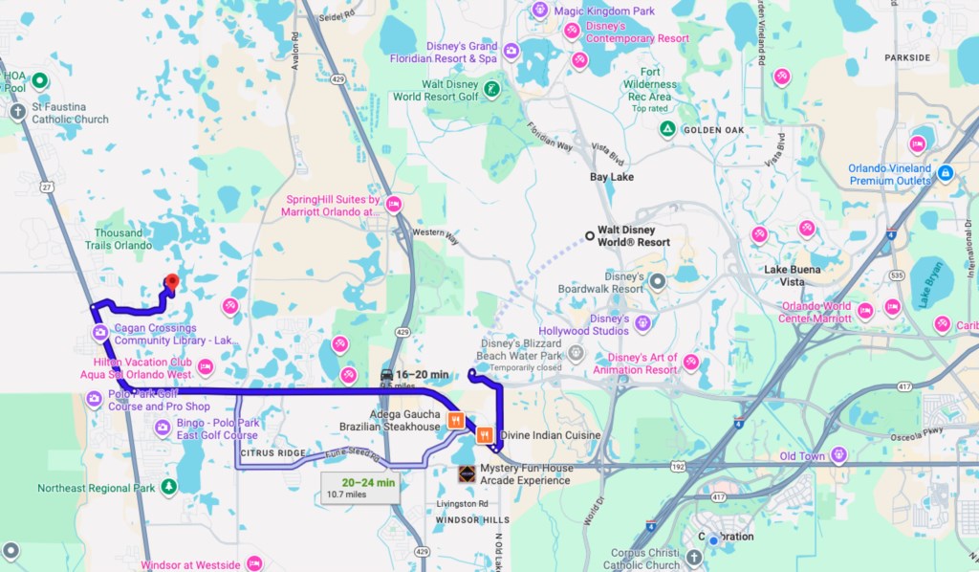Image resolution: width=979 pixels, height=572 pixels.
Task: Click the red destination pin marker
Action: pos(171,282)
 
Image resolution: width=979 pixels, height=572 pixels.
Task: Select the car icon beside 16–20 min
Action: pos(386,374)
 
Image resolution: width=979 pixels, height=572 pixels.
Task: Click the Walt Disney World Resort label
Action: pos(633,236)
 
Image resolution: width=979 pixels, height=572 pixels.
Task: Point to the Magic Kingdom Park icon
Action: pos(540,11)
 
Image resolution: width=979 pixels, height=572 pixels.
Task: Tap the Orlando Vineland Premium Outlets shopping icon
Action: pos(946,173)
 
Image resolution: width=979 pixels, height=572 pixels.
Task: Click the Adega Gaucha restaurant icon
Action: pos(456,419)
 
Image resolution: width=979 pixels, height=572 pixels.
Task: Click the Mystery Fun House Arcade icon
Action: pos(466,473)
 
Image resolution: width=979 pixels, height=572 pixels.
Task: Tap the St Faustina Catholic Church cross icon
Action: pos(17,112)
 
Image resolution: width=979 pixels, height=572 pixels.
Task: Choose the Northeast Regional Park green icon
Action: pos(169,488)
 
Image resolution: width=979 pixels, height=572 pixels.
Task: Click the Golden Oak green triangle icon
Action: pos(667,129)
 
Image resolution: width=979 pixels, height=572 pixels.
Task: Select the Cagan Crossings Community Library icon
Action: pos(99,333)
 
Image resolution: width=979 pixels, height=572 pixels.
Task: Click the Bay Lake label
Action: pos(612,178)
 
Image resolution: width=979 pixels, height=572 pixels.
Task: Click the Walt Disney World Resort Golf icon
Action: pos(491,90)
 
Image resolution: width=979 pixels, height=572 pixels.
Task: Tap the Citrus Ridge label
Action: pos(272,452)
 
